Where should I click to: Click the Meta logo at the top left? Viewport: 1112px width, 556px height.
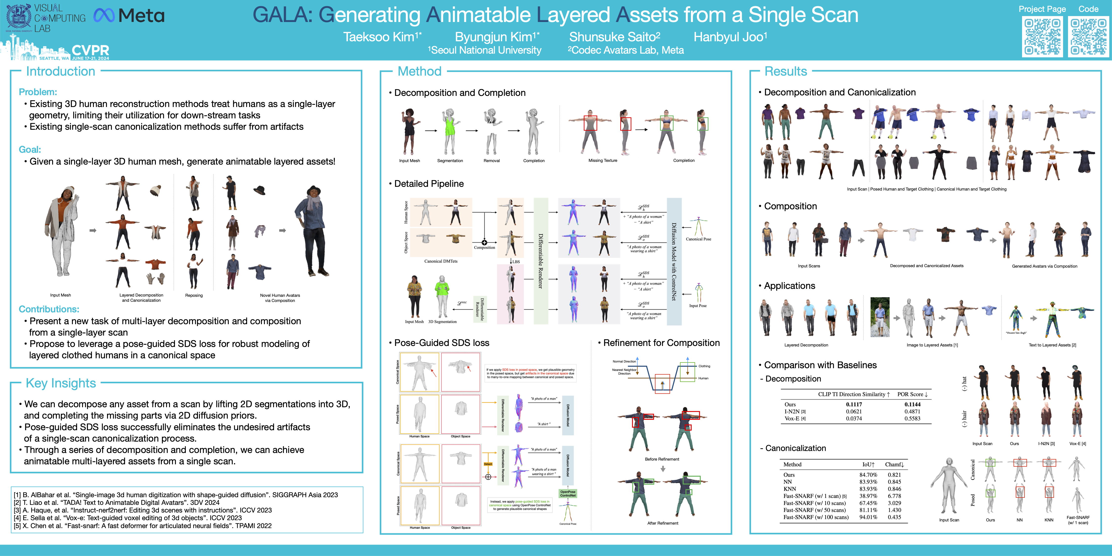pyautogui.click(x=129, y=16)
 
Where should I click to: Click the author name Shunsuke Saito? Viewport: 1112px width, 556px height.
pyautogui.click(x=615, y=37)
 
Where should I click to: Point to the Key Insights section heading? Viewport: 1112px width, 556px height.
pyautogui.click(x=61, y=383)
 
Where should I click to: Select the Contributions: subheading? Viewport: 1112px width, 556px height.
pyautogui.click(x=49, y=309)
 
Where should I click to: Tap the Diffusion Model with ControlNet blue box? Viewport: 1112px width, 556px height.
pyautogui.click(x=674, y=261)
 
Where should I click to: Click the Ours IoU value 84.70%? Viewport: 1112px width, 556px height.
pyautogui.click(x=868, y=475)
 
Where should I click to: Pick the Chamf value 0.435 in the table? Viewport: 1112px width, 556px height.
pyautogui.click(x=894, y=517)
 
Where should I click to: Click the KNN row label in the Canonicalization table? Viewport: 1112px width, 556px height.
pyautogui.click(x=790, y=489)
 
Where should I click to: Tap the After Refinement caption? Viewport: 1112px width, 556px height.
pyautogui.click(x=663, y=523)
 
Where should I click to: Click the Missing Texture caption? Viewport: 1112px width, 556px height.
pyautogui.click(x=603, y=161)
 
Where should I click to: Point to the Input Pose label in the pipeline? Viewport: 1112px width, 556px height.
pyautogui.click(x=698, y=306)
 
